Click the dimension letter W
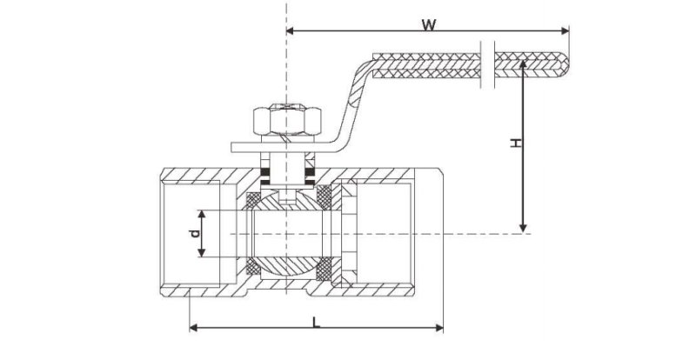pyautogui.click(x=428, y=25)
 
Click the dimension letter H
pyautogui.click(x=515, y=143)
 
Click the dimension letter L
pyautogui.click(x=316, y=323)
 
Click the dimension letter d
pyautogui.click(x=195, y=234)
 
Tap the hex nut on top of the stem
pyautogui.click(x=287, y=120)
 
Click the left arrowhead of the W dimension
pyautogui.click(x=291, y=30)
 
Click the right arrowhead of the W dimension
pyautogui.click(x=565, y=30)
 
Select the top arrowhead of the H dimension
pyautogui.click(x=524, y=64)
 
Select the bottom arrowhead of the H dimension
pyautogui.click(x=524, y=228)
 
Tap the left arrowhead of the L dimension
pyautogui.click(x=194, y=328)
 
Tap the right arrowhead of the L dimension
pyautogui.click(x=439, y=328)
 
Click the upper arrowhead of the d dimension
pyautogui.click(x=202, y=215)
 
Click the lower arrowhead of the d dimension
pyautogui.click(x=202, y=252)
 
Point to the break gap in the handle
pyautogui.click(x=487, y=65)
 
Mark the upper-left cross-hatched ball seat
pyautogui.click(x=253, y=200)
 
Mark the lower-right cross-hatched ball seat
pyautogui.click(x=324, y=269)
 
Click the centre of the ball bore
pyautogui.click(x=287, y=234)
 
